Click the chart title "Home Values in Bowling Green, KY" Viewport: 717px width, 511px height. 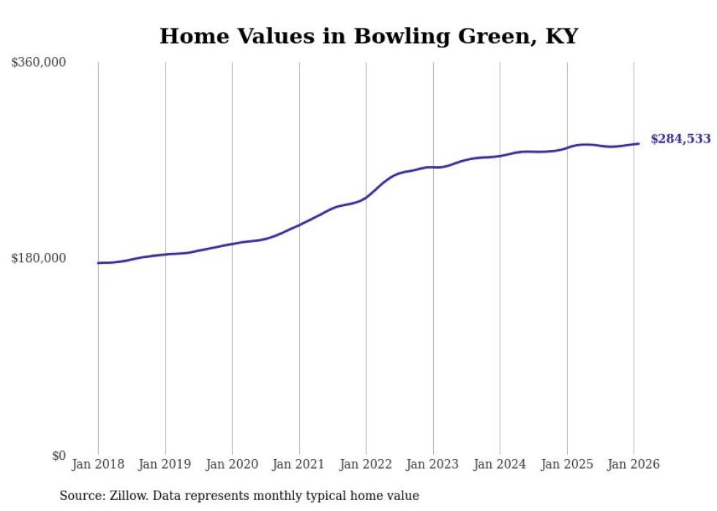368,36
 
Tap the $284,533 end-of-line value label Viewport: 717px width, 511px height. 680,139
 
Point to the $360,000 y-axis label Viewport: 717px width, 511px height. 39,63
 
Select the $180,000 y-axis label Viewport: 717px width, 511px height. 39,258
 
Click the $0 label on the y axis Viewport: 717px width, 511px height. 59,455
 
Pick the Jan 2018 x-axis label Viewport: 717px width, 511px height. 98,464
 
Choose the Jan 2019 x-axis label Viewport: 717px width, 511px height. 165,464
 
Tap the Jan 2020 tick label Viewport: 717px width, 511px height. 232,464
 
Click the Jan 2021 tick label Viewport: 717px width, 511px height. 299,464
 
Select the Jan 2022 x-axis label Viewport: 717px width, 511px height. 366,464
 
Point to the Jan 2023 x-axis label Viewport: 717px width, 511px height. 433,464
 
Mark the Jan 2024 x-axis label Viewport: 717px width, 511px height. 500,464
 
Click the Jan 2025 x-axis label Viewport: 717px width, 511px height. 567,464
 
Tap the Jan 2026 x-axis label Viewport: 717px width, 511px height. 634,464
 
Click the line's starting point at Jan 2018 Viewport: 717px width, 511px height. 98,262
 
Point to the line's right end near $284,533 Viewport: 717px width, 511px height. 639,143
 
